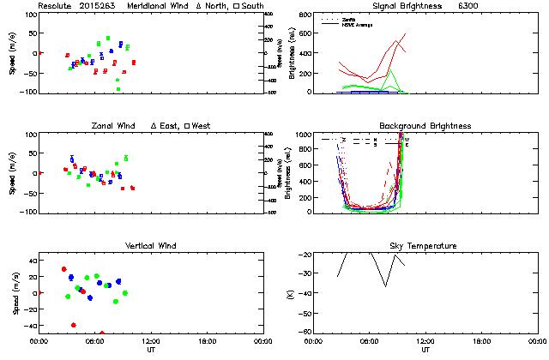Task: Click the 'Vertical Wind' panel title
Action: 151,246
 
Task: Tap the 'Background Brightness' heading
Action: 425,126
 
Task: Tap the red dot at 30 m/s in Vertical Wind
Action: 63,269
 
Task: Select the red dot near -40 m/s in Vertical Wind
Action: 74,325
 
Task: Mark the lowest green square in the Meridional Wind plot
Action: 118,88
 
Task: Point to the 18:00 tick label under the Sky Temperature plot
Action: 481,341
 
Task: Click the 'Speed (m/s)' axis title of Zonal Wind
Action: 15,173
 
